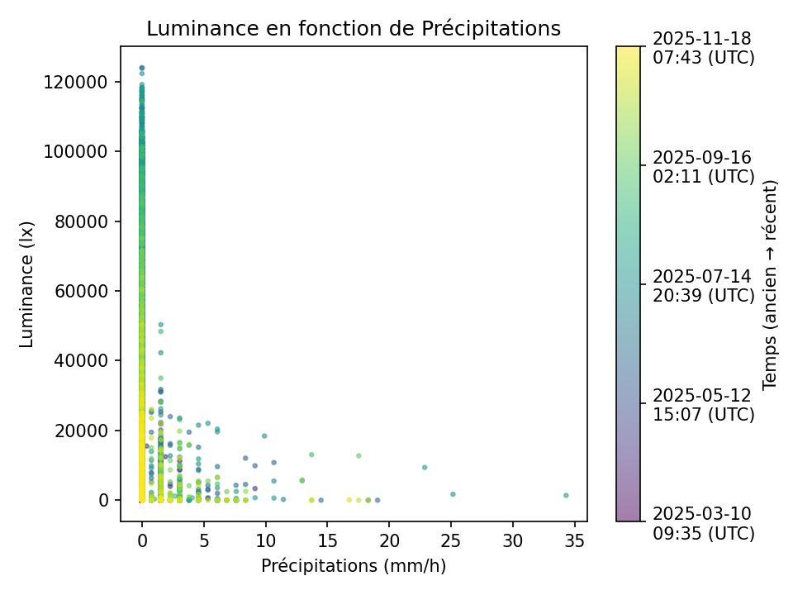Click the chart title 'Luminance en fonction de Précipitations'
pyautogui.click(x=354, y=29)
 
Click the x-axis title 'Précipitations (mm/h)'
pyautogui.click(x=354, y=566)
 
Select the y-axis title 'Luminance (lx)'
pyautogui.click(x=27, y=283)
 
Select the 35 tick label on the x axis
pyautogui.click(x=575, y=541)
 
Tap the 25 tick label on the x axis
pyautogui.click(x=451, y=541)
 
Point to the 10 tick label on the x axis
pyautogui.click(x=266, y=541)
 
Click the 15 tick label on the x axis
pyautogui.click(x=328, y=541)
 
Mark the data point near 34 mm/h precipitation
pyautogui.click(x=566, y=495)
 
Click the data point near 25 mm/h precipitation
pyautogui.click(x=453, y=494)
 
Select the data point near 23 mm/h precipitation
pyautogui.click(x=425, y=467)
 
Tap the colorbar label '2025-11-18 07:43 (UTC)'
pyautogui.click(x=703, y=48)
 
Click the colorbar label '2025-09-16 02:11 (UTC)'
pyautogui.click(x=703, y=167)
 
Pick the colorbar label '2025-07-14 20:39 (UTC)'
pyautogui.click(x=703, y=285)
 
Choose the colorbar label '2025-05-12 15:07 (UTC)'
pyautogui.click(x=703, y=404)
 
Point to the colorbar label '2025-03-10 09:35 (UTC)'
pyautogui.click(x=703, y=523)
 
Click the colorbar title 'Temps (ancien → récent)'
pyautogui.click(x=770, y=283)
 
